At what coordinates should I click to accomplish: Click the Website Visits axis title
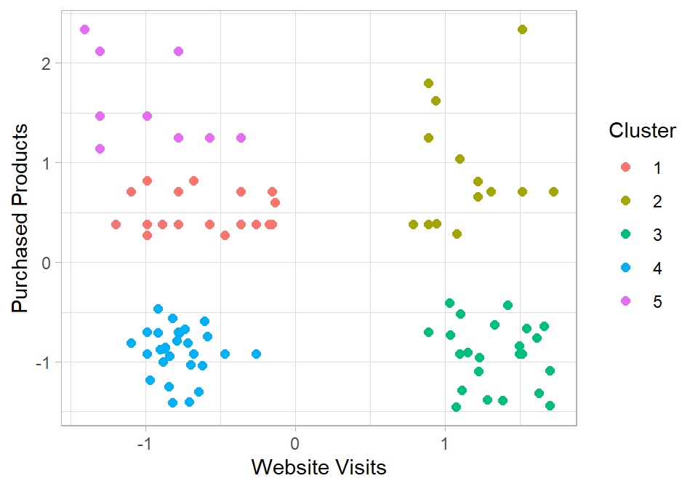pos(318,466)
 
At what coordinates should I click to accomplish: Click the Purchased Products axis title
pos(22,218)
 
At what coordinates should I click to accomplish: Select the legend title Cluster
pos(642,131)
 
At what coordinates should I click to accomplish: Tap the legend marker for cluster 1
pos(625,168)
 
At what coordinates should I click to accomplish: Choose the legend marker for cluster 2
pos(625,202)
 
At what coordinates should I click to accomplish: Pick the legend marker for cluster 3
pos(625,235)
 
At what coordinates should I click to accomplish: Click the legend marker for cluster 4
pos(625,269)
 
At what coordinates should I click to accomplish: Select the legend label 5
pos(657,302)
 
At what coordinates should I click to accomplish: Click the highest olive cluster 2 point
pos(522,29)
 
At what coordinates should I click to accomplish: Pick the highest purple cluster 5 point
pos(84,29)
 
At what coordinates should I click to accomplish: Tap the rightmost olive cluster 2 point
pos(553,191)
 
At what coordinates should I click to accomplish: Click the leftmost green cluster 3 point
pos(428,332)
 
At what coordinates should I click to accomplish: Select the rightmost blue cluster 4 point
pos(256,354)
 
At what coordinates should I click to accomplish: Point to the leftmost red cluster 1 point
pos(116,224)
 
